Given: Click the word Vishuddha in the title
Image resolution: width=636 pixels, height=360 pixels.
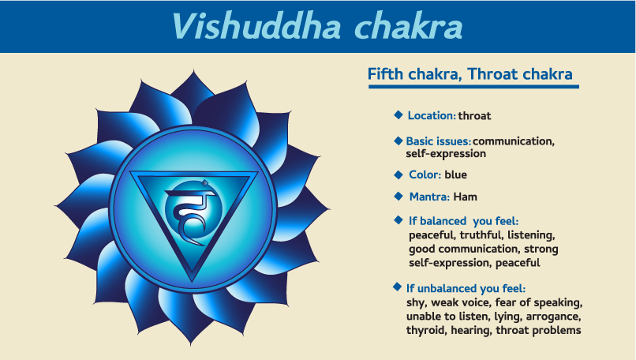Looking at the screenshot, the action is pyautogui.click(x=256, y=27).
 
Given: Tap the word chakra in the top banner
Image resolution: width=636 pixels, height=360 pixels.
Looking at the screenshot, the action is pyautogui.click(x=409, y=27).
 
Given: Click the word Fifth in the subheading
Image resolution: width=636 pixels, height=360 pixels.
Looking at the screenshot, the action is pyautogui.click(x=385, y=74).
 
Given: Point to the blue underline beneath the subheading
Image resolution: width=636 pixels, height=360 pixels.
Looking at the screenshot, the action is pyautogui.click(x=473, y=87).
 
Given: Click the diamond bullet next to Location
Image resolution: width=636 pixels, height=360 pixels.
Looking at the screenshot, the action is pyautogui.click(x=398, y=114).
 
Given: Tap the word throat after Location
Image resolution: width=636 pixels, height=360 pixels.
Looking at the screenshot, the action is pyautogui.click(x=474, y=116).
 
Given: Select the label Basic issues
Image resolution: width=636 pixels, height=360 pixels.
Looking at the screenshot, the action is pyautogui.click(x=439, y=141).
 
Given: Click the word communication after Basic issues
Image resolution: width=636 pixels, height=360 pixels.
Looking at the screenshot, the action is pyautogui.click(x=514, y=141).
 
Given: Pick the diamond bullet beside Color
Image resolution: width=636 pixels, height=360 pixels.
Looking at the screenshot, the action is pyautogui.click(x=398, y=174).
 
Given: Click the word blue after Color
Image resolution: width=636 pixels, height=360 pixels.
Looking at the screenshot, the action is pyautogui.click(x=455, y=175).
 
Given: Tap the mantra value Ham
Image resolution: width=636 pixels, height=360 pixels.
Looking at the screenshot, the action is pyautogui.click(x=466, y=197).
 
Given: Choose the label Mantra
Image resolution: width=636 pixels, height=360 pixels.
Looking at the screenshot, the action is pyautogui.click(x=429, y=197).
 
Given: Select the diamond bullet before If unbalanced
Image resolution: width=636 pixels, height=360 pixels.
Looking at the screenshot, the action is pyautogui.click(x=398, y=287).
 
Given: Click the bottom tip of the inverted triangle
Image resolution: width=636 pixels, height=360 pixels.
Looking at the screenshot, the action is pyautogui.click(x=193, y=281).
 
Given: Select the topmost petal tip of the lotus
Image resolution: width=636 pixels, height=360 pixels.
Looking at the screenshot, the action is pyautogui.click(x=193, y=71).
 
